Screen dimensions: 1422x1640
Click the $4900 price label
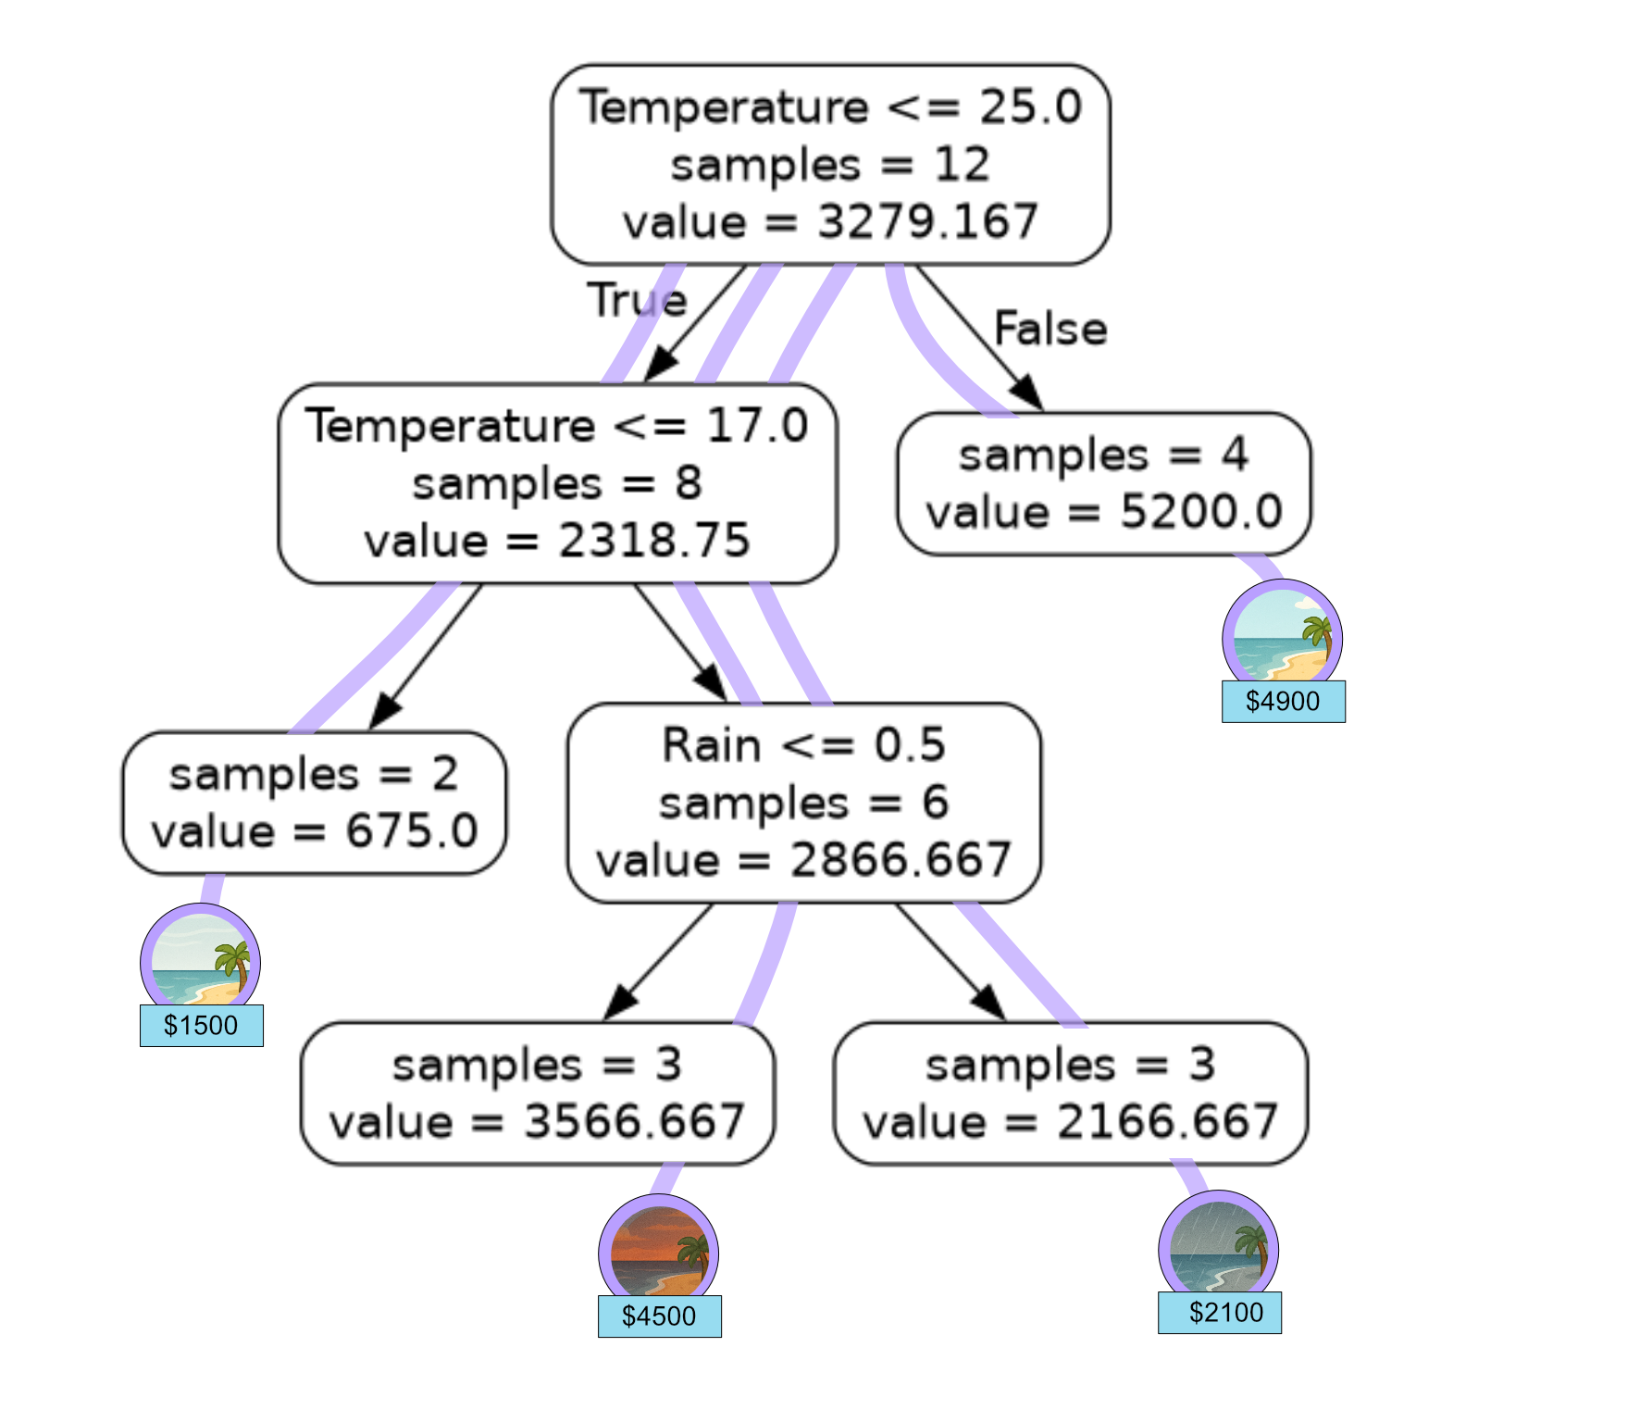coord(1283,701)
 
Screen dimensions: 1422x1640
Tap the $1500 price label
coord(201,1025)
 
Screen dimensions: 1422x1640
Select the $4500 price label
coord(659,1316)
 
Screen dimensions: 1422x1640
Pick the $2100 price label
coord(1220,1312)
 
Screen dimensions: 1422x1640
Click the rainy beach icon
coord(1219,1250)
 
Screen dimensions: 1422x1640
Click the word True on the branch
coord(637,300)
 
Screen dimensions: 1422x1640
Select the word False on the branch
coord(1050,329)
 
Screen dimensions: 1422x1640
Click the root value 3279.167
coord(927,222)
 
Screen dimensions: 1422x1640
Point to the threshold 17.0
coord(757,426)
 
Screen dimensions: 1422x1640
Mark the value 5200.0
coord(1201,512)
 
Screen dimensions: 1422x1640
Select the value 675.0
coord(412,831)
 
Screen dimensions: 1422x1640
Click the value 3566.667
coord(634,1122)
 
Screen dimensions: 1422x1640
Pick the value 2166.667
coord(1167,1122)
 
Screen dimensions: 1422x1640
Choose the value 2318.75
coord(653,541)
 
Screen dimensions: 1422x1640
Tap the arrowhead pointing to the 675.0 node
coord(383,714)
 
